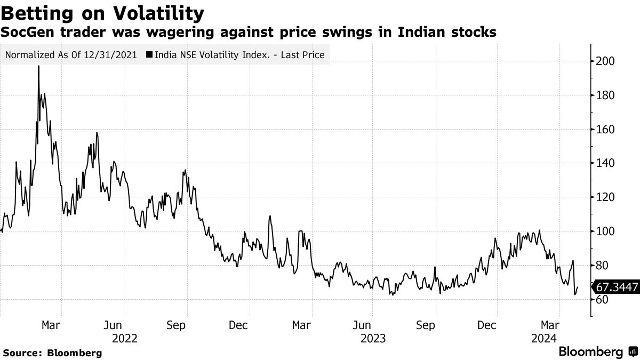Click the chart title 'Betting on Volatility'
(x=102, y=12)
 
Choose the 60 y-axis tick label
(x=603, y=300)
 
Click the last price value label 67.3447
(x=617, y=287)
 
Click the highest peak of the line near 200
(x=38, y=67)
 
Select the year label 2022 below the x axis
(x=124, y=338)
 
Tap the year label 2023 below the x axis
(x=373, y=338)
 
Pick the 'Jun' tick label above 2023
(x=364, y=325)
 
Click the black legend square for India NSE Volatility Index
(x=148, y=54)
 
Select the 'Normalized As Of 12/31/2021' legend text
(x=71, y=54)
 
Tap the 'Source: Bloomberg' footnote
(x=52, y=353)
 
